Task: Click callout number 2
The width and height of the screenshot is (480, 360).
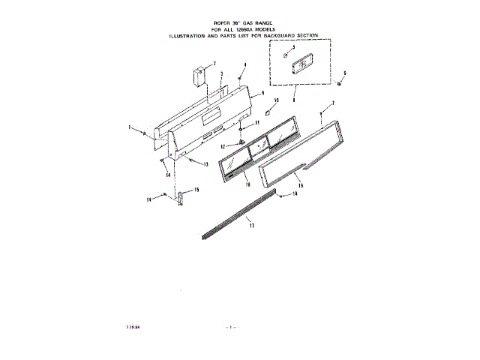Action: [214, 63]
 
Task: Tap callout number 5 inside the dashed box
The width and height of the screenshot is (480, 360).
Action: [293, 47]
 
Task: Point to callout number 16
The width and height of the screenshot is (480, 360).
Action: [247, 183]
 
